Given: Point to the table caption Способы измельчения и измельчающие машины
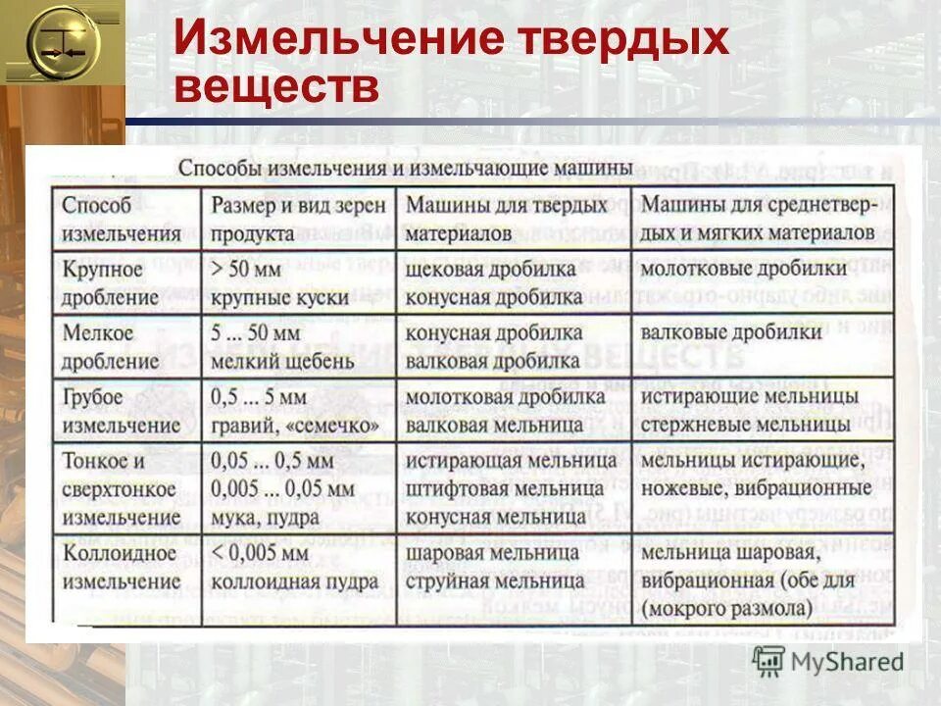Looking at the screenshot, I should click(x=405, y=168).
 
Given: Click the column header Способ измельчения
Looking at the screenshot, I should click(x=123, y=220).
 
